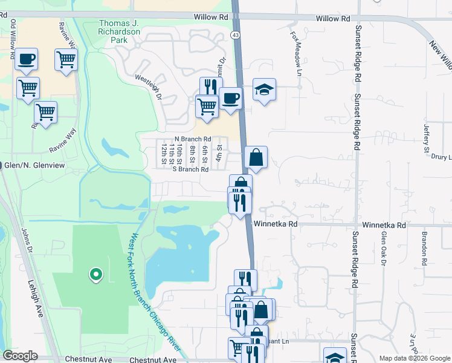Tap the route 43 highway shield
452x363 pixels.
[236, 35]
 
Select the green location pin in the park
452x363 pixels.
[95, 275]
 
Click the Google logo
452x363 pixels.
[20, 356]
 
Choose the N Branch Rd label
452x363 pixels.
[192, 139]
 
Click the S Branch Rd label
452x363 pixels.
[190, 169]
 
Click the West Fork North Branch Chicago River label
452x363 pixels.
[154, 290]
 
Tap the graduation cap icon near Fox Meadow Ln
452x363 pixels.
[264, 90]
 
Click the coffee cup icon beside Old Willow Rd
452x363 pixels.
[26, 59]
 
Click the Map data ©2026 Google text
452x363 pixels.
[414, 358]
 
